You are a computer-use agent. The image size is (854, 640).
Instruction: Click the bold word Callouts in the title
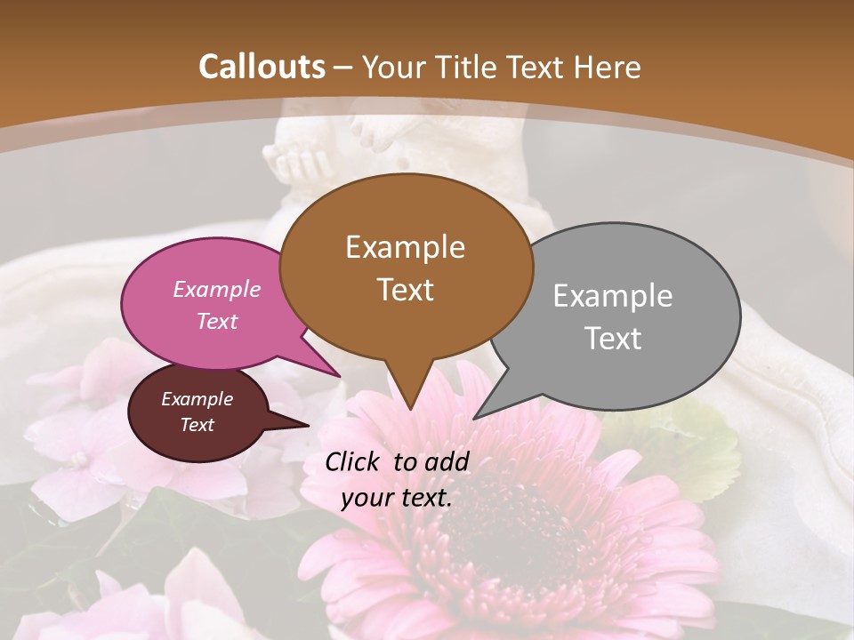262,67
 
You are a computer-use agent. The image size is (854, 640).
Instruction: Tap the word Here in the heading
608,67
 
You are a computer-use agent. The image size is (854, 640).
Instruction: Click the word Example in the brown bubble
405,247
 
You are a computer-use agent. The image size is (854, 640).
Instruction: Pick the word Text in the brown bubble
405,290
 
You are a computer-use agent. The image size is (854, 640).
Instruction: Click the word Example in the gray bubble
613,296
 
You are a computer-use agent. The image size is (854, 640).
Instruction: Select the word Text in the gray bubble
613,339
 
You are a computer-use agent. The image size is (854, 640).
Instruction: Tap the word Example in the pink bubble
217,290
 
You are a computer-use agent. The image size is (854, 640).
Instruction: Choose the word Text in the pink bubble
217,321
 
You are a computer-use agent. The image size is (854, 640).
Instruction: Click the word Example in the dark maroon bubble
197,399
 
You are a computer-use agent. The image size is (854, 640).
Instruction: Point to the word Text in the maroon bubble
197,425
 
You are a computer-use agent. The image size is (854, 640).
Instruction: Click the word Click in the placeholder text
353,461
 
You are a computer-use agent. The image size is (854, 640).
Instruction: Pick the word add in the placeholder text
447,461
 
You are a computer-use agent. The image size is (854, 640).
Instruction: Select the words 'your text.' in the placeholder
397,497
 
